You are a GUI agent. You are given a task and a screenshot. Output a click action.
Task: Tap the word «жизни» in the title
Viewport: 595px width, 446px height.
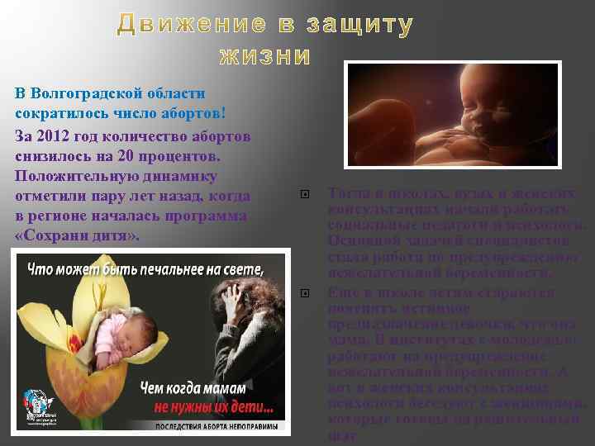pos(264,57)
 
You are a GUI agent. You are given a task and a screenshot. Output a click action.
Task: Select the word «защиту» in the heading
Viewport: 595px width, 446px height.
pos(359,26)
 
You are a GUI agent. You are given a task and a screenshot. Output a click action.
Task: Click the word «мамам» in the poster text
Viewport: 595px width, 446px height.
pos(253,387)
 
